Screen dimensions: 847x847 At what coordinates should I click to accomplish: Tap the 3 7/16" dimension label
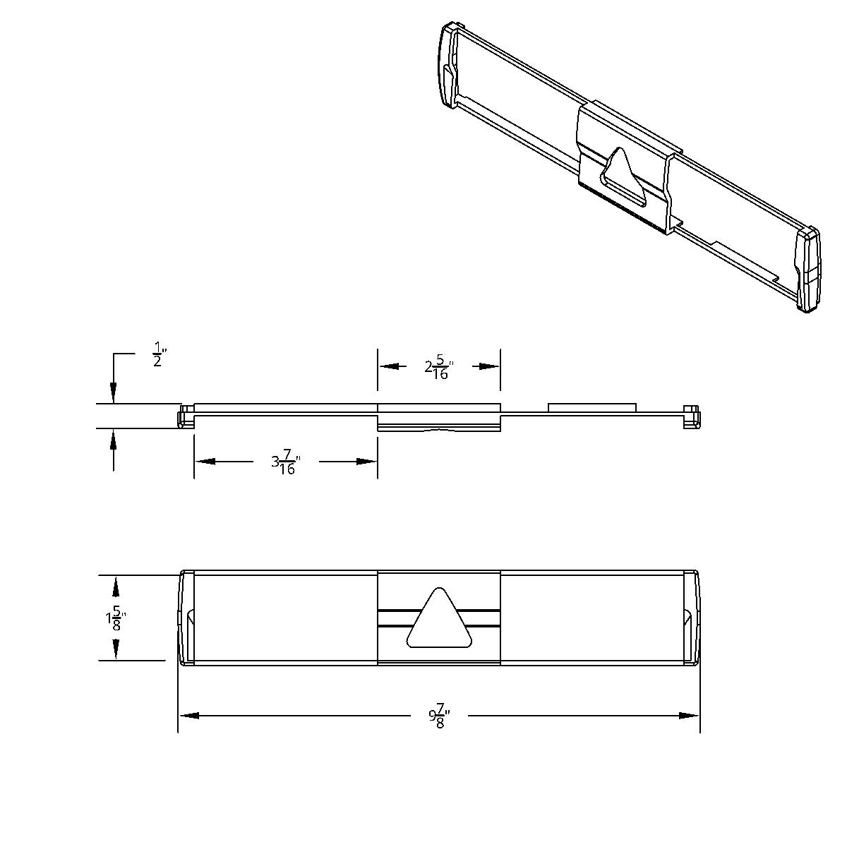[x=285, y=464]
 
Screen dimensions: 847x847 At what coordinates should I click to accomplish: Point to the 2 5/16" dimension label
[x=439, y=368]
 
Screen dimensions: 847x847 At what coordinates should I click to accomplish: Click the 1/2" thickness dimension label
[x=158, y=354]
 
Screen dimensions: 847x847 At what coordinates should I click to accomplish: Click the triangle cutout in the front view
[x=439, y=620]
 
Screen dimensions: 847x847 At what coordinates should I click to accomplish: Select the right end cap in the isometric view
[x=808, y=269]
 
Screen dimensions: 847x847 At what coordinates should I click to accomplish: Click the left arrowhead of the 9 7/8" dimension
[x=188, y=715]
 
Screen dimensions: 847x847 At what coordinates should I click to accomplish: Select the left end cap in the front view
[x=186, y=618]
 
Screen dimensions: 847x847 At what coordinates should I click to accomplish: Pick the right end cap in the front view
[x=691, y=618]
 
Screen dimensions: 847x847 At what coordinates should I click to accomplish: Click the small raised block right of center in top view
[x=592, y=407]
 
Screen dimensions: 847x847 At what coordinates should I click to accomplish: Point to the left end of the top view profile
[x=185, y=416]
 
